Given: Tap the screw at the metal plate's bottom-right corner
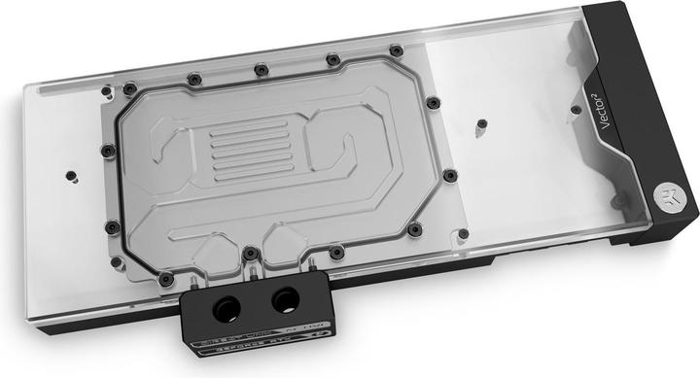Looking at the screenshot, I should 415,229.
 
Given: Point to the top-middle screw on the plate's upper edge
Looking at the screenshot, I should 261,69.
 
